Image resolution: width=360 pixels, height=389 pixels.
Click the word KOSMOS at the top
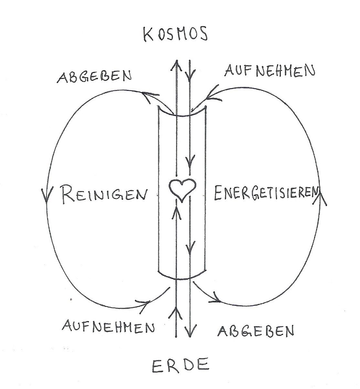[x=175, y=35]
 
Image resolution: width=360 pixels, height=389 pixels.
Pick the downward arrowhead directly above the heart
[x=191, y=159]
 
